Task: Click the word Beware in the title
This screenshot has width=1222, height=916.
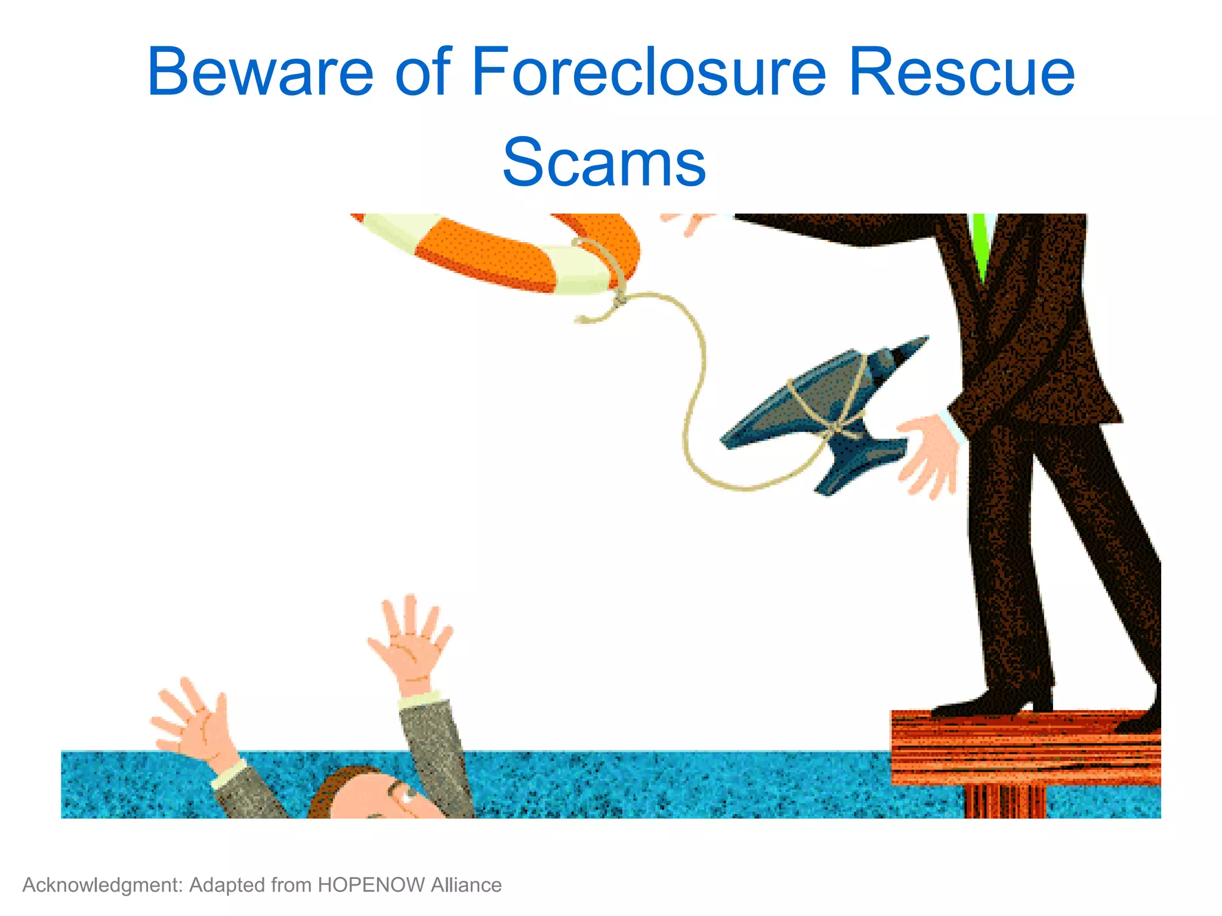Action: point(260,73)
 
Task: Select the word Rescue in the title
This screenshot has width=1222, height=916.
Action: point(961,73)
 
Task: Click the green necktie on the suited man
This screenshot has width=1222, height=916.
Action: point(980,245)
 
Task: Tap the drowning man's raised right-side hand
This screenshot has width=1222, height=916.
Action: point(412,644)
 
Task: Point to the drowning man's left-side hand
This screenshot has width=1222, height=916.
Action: point(191,725)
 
